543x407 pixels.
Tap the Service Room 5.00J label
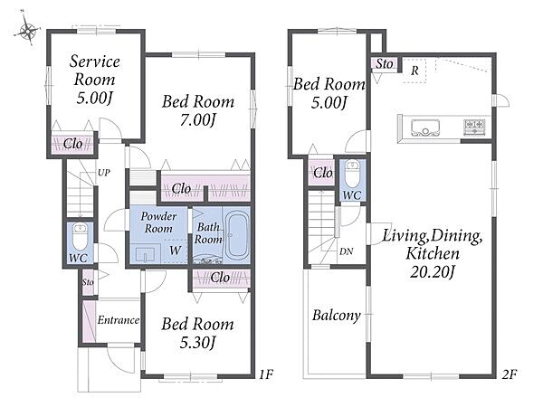[94, 80]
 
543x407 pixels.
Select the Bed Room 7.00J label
[198, 110]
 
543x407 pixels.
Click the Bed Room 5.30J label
[197, 333]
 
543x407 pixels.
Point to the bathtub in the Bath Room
[237, 235]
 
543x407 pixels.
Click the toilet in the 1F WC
[80, 236]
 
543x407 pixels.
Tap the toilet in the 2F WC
[353, 173]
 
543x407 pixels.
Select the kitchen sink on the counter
[425, 128]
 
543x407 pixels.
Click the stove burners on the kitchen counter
[474, 127]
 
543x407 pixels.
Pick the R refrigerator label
[414, 71]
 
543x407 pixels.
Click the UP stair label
[103, 173]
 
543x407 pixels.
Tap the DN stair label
[346, 251]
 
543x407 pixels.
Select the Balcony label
[337, 316]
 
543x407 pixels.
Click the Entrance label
[119, 320]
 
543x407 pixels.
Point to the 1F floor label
[266, 374]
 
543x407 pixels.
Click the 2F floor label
[509, 374]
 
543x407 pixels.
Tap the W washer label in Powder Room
[176, 250]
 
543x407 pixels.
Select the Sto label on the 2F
[385, 63]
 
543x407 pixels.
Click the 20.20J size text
[432, 271]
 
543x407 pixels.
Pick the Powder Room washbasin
[146, 253]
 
